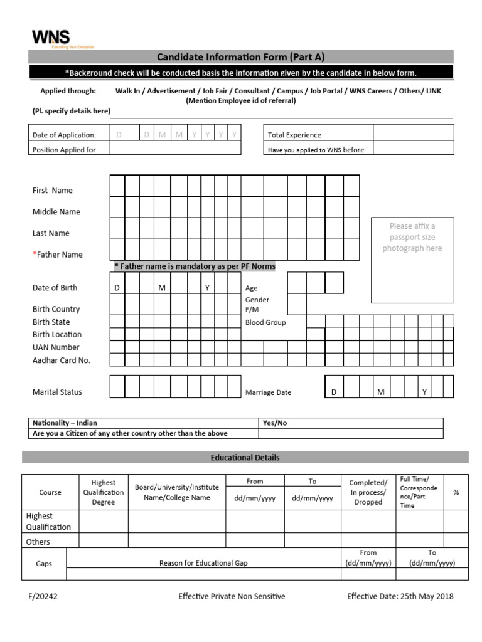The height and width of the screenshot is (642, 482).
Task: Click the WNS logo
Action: [x=51, y=38]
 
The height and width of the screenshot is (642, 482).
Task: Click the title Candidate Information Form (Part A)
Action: [x=240, y=57]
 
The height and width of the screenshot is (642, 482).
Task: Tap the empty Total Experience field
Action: [x=413, y=133]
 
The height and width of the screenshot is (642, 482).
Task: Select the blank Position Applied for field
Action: [x=175, y=149]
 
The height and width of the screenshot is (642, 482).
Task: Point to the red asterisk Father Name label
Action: [x=58, y=255]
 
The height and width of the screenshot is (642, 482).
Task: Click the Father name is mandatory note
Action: [x=195, y=266]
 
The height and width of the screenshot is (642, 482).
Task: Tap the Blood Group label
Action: [x=265, y=322]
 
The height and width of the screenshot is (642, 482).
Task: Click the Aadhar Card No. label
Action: [x=62, y=360]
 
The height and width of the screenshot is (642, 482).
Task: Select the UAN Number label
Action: [x=56, y=347]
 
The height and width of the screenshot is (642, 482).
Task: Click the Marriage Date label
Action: [x=268, y=392]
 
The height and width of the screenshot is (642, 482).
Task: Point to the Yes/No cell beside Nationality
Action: [x=350, y=423]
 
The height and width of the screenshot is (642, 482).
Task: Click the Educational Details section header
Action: [x=245, y=458]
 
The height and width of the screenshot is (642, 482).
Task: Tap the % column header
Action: [x=456, y=492]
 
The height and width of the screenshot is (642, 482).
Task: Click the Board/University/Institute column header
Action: [x=177, y=492]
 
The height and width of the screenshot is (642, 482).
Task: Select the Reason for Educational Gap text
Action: [x=203, y=563]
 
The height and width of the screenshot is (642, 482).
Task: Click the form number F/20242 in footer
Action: [x=43, y=596]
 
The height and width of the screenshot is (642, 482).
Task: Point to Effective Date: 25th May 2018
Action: [x=400, y=596]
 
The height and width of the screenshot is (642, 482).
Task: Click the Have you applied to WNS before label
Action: [x=316, y=150]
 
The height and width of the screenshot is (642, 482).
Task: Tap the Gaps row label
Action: [x=44, y=564]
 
